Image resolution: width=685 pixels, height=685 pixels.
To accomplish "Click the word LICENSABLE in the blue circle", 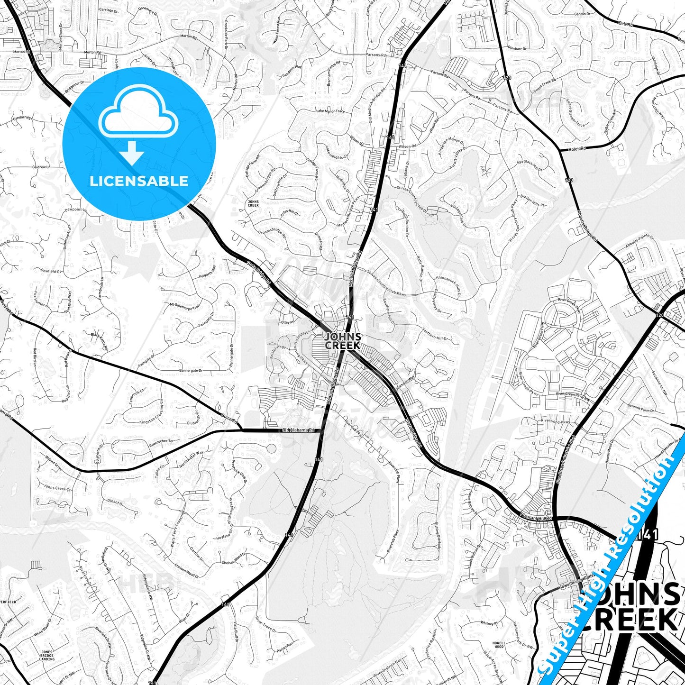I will (139, 181).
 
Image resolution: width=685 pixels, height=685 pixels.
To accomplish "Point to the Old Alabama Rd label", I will (298, 430).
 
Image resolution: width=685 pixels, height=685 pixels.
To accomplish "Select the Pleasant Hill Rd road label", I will (536, 518).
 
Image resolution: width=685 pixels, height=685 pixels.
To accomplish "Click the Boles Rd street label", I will (577, 148).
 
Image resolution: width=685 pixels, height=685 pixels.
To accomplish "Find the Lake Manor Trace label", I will (330, 111).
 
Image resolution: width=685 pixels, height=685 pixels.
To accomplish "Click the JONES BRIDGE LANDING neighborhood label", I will (46, 656).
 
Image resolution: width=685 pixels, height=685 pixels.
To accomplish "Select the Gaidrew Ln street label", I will (41, 167).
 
